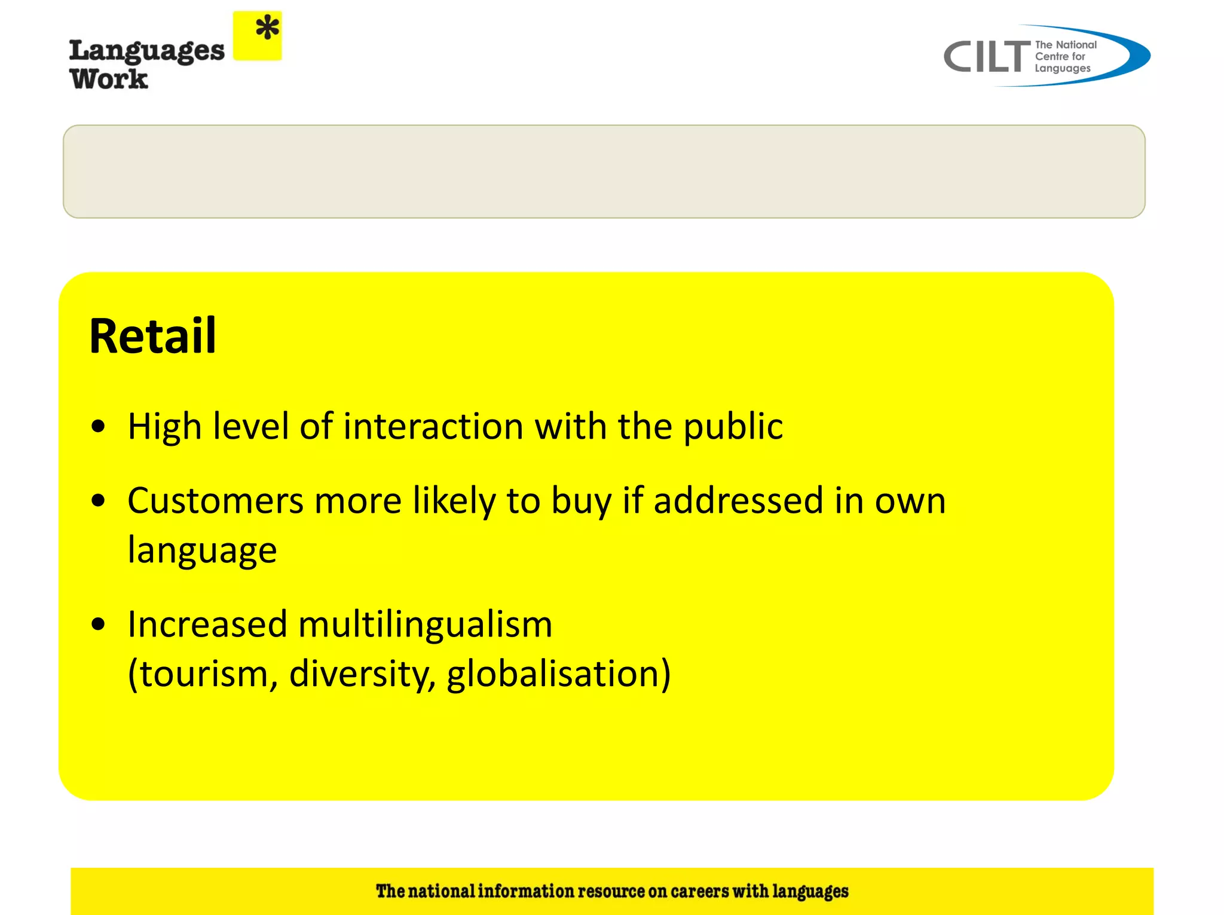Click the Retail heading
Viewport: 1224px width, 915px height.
(152, 336)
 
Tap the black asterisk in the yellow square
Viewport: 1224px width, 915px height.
(267, 28)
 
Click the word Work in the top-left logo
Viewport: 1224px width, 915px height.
(109, 79)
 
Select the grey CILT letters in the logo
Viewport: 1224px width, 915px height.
(987, 57)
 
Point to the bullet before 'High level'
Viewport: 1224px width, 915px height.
(99, 427)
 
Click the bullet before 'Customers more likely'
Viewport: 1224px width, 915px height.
(99, 500)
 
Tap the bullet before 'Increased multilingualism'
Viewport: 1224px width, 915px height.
(99, 625)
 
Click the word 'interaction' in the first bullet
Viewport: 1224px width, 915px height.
(433, 426)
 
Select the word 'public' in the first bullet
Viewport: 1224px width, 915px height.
(733, 427)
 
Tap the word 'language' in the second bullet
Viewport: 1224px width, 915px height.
(202, 550)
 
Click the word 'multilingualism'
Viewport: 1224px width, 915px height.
(425, 625)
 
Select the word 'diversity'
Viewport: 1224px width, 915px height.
(362, 674)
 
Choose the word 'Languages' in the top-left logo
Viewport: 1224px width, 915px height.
(147, 52)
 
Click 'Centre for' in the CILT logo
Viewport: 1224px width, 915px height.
(1060, 57)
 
